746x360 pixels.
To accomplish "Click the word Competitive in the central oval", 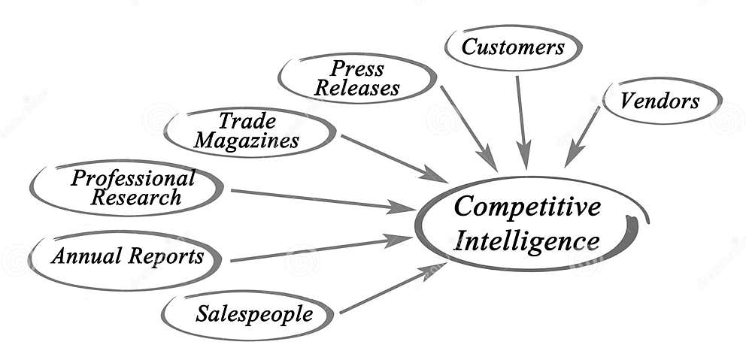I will point(527,207).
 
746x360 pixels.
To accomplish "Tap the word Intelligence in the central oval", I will point(527,241).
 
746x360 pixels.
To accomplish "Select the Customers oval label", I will point(512,48).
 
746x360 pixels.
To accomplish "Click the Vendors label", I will point(660,101).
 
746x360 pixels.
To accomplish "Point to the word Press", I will point(357,69).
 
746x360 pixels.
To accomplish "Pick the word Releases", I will point(357,89).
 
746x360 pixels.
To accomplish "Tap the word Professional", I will point(132,178).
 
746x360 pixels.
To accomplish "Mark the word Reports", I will point(165,256).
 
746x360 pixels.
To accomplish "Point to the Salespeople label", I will point(253,313).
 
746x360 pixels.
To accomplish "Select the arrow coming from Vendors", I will point(584,136).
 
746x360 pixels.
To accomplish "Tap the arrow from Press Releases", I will point(468,127).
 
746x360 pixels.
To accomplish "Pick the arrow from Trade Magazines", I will point(393,158).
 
